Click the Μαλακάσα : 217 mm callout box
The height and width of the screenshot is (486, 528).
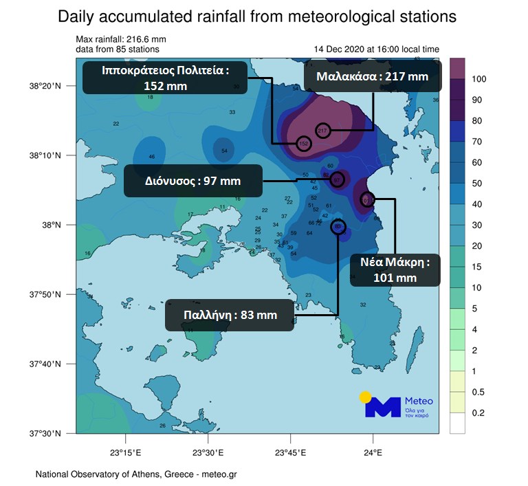[x=372, y=76]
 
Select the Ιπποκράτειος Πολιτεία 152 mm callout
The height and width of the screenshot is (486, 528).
[x=165, y=78]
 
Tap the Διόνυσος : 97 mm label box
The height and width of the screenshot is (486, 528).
[x=192, y=181]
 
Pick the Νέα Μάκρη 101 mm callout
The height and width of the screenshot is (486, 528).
[x=395, y=269]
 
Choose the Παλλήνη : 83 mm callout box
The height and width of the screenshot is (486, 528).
[x=230, y=316]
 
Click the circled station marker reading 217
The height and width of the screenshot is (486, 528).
[x=324, y=130]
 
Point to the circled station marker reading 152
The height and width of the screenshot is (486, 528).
[x=304, y=143]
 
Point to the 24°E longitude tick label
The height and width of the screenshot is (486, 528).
[x=373, y=452]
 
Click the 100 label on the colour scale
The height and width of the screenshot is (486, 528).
[x=479, y=79]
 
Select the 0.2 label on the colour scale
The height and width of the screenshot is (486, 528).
[x=478, y=412]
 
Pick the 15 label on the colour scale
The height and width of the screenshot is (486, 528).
[x=476, y=267]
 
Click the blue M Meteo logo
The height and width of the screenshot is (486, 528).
[x=382, y=407]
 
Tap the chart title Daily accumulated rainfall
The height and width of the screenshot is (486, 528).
[x=258, y=16]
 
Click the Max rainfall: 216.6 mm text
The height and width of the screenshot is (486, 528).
[x=121, y=40]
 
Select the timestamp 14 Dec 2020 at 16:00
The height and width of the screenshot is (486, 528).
[x=376, y=49]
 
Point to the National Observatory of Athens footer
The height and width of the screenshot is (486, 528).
[x=135, y=474]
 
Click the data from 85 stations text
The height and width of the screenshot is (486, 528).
[x=118, y=49]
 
